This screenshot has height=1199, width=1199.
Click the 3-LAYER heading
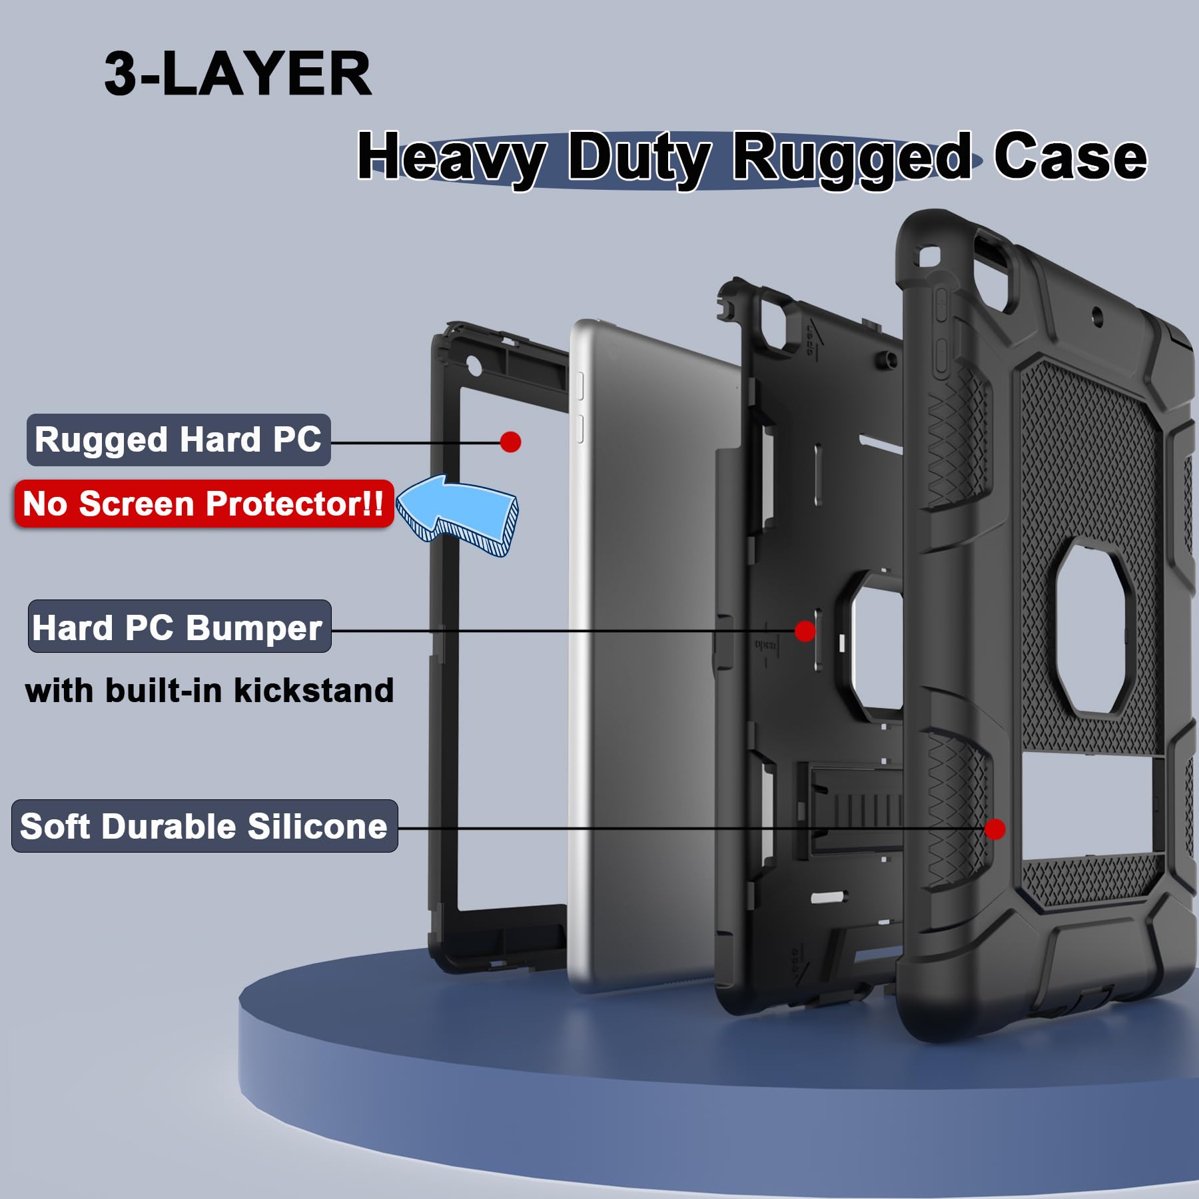238,74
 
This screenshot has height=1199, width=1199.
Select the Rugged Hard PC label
179,440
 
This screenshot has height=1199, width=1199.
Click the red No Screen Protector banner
204,504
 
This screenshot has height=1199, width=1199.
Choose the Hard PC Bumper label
179,627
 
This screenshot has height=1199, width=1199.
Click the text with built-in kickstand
209,690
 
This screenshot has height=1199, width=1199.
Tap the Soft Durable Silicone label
204,826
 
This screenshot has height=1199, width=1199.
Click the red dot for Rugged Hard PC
510,442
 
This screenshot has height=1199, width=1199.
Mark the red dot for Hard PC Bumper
805,631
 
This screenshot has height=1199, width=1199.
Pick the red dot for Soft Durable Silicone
995,829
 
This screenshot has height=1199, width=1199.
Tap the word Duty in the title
639,159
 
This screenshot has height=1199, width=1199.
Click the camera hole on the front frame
474,365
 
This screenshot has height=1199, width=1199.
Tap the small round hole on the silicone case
1096,313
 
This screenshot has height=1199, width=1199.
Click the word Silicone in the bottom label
317,826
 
